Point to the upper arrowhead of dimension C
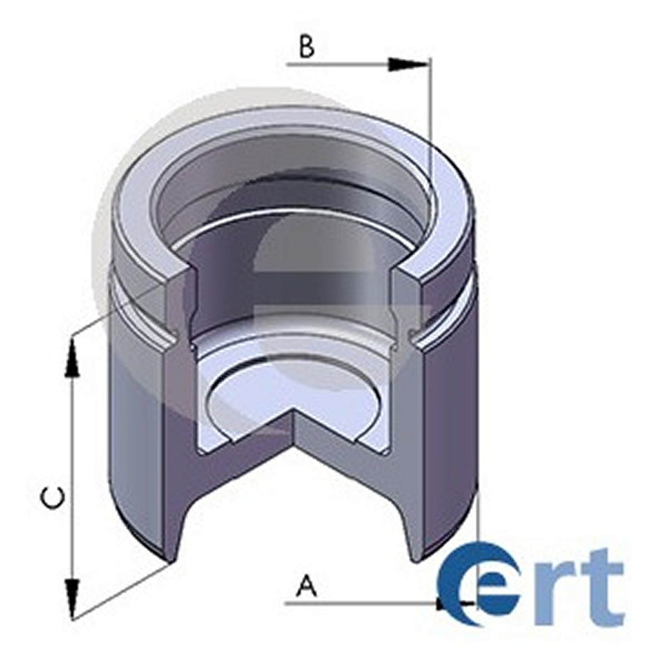72,358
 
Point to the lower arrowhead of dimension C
72,598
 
